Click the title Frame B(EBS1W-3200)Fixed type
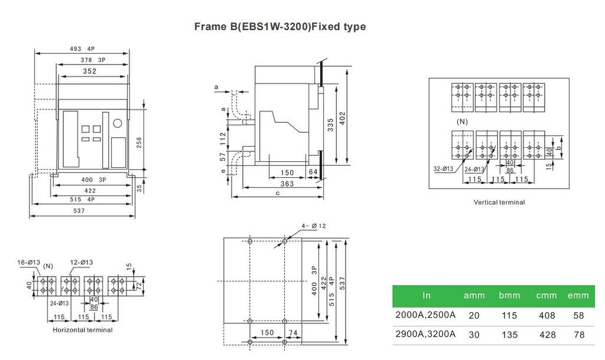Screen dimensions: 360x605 click(x=280, y=27)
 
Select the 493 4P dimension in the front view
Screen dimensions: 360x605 click(x=82, y=49)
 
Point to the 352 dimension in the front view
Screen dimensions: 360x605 click(x=90, y=72)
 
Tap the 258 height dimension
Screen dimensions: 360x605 click(x=139, y=142)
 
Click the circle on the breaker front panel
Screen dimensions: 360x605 click(x=118, y=124)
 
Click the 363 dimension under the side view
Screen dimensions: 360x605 click(x=287, y=184)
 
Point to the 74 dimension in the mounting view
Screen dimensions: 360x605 click(x=292, y=333)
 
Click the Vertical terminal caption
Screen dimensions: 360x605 click(x=499, y=202)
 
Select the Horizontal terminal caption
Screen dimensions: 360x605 click(x=83, y=329)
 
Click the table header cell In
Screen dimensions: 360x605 click(x=427, y=295)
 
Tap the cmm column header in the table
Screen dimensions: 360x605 click(x=546, y=295)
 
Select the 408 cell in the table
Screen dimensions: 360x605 click(x=547, y=316)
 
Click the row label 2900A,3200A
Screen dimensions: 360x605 click(x=425, y=334)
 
